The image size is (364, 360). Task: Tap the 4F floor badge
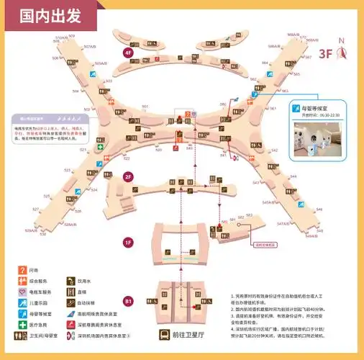[128, 53]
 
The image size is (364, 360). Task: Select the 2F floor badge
[128, 176]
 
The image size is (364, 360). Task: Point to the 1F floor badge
[128, 242]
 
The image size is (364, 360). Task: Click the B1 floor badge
[128, 301]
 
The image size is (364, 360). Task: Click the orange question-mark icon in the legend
[23, 271]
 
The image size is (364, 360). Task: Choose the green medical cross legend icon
[23, 324]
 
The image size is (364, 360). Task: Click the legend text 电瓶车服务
[41, 292]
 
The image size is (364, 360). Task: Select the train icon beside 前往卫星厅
[165, 334]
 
